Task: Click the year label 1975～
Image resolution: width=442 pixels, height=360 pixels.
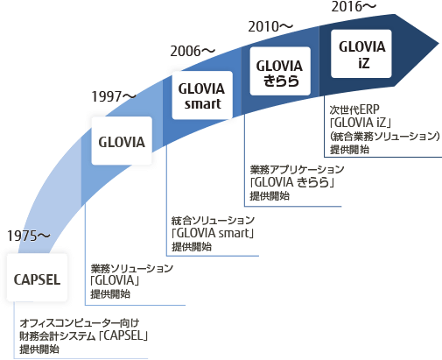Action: click(x=29, y=236)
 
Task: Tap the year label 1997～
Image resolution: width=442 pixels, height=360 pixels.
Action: click(x=114, y=96)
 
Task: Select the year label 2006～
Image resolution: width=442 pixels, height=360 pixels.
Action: click(x=193, y=52)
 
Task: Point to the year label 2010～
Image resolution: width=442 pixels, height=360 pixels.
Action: click(x=270, y=26)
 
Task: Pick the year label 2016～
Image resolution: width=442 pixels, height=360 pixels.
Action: click(x=354, y=7)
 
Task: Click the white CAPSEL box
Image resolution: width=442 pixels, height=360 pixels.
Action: click(x=37, y=278)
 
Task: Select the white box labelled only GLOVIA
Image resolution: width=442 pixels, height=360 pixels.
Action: click(x=122, y=140)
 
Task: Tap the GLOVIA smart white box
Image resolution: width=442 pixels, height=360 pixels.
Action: click(x=202, y=95)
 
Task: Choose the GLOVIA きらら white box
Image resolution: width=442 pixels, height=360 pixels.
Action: click(x=280, y=71)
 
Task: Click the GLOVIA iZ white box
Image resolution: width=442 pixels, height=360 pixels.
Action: click(x=361, y=53)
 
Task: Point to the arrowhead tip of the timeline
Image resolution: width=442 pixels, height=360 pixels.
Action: click(x=438, y=45)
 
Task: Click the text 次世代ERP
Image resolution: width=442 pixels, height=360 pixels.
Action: click(x=354, y=109)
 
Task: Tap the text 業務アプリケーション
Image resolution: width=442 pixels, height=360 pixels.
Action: click(x=297, y=169)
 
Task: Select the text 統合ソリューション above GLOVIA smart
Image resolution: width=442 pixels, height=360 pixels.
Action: click(x=213, y=221)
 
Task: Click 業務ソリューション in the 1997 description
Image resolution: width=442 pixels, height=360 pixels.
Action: click(x=132, y=268)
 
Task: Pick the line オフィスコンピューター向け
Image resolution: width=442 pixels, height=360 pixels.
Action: click(x=80, y=323)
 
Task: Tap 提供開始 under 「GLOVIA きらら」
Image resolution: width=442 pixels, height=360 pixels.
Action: click(x=270, y=196)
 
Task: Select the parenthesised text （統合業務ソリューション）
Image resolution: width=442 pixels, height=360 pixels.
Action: click(x=385, y=136)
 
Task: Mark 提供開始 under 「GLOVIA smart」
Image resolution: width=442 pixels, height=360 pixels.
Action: click(x=192, y=247)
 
